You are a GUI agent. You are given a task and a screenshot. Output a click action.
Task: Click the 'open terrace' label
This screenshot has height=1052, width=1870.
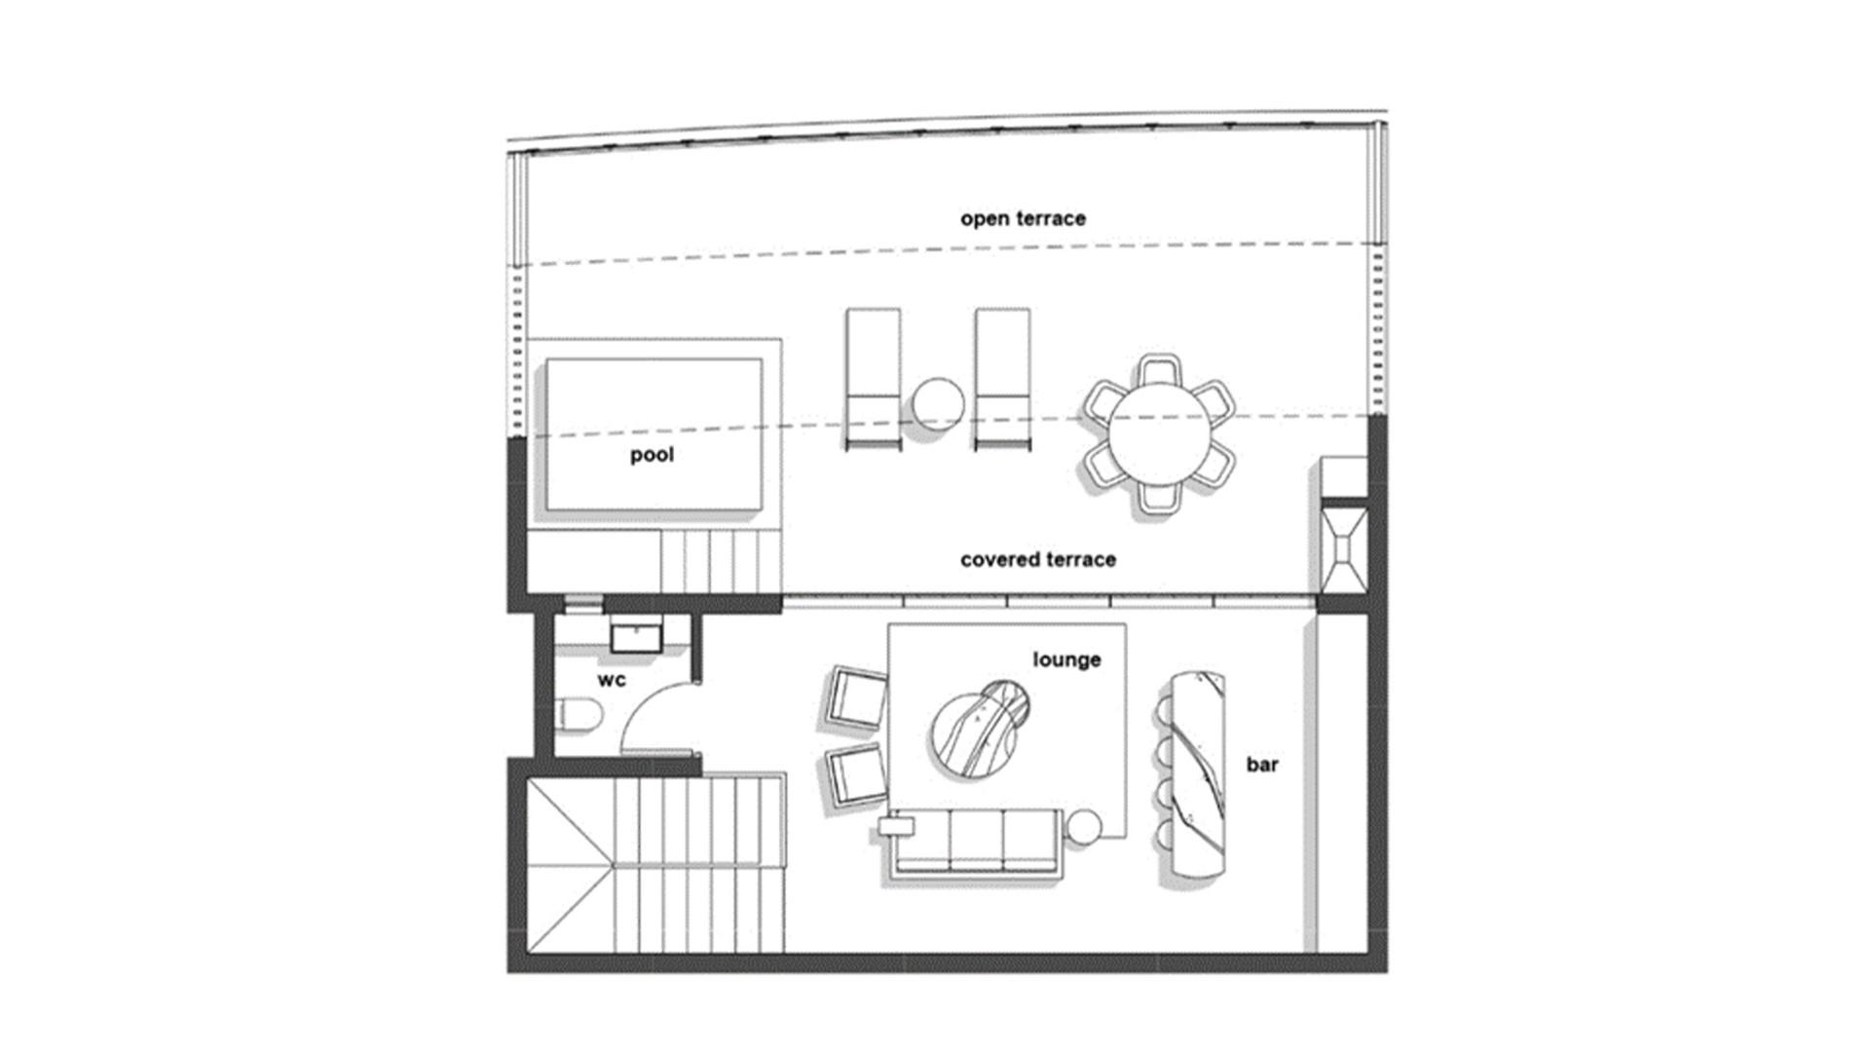pyautogui.click(x=1023, y=218)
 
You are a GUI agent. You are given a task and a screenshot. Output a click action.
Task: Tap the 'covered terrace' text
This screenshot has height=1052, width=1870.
pyautogui.click(x=1038, y=559)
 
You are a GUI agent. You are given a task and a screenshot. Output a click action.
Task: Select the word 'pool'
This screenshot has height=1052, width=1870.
pyautogui.click(x=652, y=455)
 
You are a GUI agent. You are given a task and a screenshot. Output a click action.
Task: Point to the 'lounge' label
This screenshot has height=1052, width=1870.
pyautogui.click(x=1066, y=659)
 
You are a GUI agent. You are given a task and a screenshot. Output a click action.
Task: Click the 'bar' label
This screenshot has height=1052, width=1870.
pyautogui.click(x=1262, y=765)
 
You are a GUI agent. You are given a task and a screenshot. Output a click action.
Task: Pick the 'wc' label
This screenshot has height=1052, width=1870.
pyautogui.click(x=612, y=680)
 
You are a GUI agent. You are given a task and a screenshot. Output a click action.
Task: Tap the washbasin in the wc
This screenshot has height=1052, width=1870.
pyautogui.click(x=636, y=638)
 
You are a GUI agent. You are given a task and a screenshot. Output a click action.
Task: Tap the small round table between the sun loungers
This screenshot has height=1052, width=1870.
pyautogui.click(x=938, y=403)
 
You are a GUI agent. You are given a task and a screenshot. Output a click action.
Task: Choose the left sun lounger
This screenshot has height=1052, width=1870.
pyautogui.click(x=873, y=379)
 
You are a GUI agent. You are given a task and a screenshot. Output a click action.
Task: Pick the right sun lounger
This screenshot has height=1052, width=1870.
pyautogui.click(x=1002, y=379)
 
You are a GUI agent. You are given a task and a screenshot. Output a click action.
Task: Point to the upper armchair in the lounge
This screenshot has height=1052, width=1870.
pyautogui.click(x=856, y=697)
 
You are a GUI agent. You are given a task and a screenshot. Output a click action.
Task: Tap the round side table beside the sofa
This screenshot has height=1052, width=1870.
pyautogui.click(x=1083, y=827)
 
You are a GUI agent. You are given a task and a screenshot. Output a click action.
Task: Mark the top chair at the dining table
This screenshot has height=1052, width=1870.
pyautogui.click(x=1158, y=373)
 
